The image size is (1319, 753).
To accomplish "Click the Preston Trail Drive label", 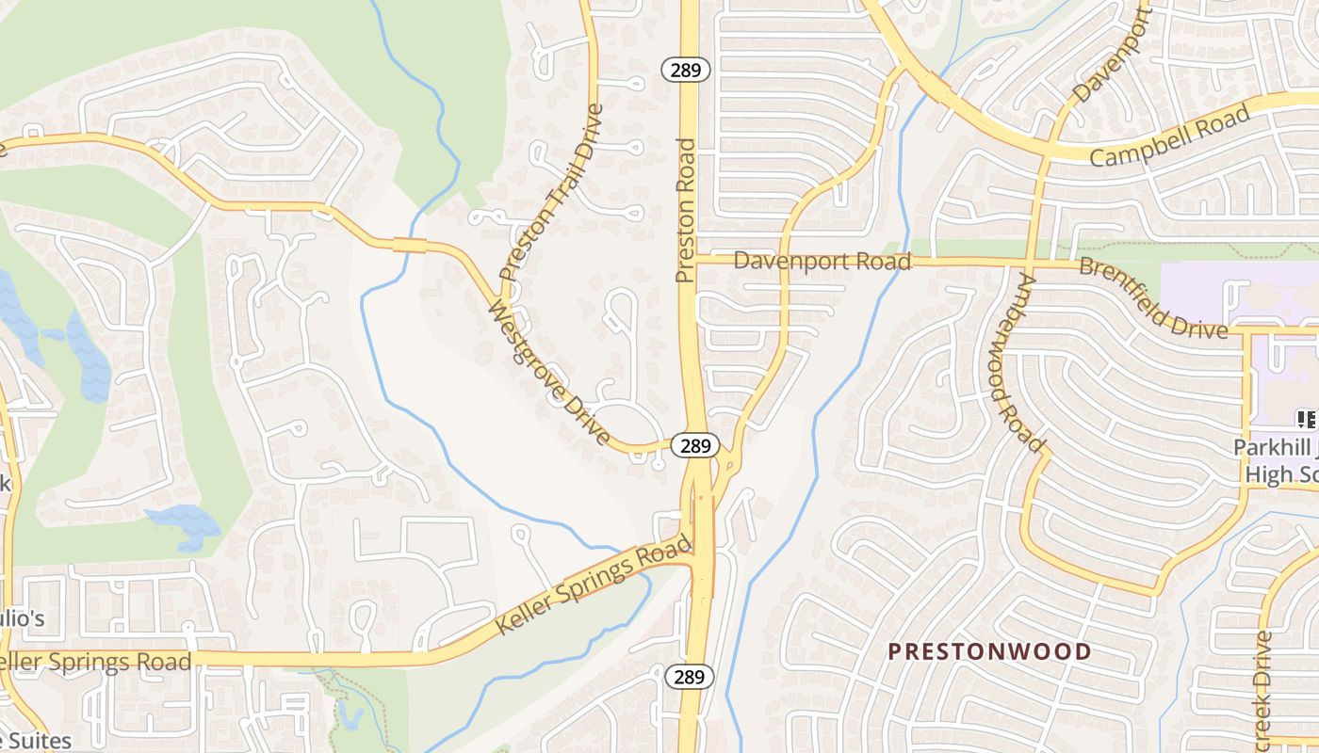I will [x=552, y=193].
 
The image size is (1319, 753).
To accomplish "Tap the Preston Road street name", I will [x=685, y=211].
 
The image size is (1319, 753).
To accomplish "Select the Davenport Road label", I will [x=822, y=261].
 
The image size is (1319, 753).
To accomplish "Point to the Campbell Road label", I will [x=1170, y=136].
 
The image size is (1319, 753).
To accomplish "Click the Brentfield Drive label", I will [x=1153, y=297].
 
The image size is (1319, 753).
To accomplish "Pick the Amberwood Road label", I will [x=1016, y=361].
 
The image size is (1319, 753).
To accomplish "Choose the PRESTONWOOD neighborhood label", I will [x=989, y=651].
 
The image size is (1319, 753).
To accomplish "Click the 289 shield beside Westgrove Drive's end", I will [x=695, y=446].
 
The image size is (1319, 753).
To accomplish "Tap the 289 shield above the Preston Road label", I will [x=685, y=69].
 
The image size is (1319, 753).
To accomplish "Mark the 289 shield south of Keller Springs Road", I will [x=692, y=676].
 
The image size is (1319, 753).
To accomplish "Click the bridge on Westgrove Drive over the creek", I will [x=410, y=246].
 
